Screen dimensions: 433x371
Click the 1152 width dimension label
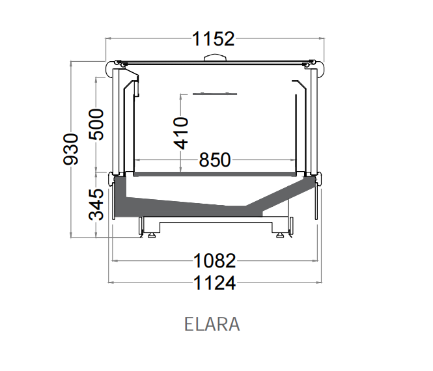click(x=213, y=38)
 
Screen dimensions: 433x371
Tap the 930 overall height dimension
click(x=71, y=149)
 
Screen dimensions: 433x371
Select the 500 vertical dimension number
click(x=96, y=124)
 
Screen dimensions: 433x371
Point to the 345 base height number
click(x=96, y=204)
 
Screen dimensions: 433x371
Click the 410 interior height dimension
click(x=181, y=133)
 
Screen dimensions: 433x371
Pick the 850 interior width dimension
click(x=215, y=160)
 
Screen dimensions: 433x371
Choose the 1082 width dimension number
click(x=215, y=260)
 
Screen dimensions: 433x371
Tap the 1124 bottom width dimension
click(x=215, y=283)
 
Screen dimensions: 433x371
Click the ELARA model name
click(x=212, y=324)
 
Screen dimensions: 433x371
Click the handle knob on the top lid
click(x=215, y=57)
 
